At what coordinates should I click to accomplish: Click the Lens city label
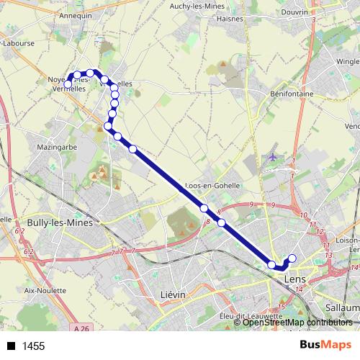(x=296, y=278)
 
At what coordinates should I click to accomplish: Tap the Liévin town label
(x=172, y=295)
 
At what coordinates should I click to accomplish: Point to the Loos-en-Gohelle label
(x=212, y=185)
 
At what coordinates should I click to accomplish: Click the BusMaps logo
(x=325, y=346)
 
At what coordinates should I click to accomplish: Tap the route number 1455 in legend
(x=33, y=346)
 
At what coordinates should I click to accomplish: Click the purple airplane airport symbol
(x=272, y=156)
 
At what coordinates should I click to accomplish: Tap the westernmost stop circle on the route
(x=68, y=85)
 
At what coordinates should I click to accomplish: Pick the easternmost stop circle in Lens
(x=292, y=258)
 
